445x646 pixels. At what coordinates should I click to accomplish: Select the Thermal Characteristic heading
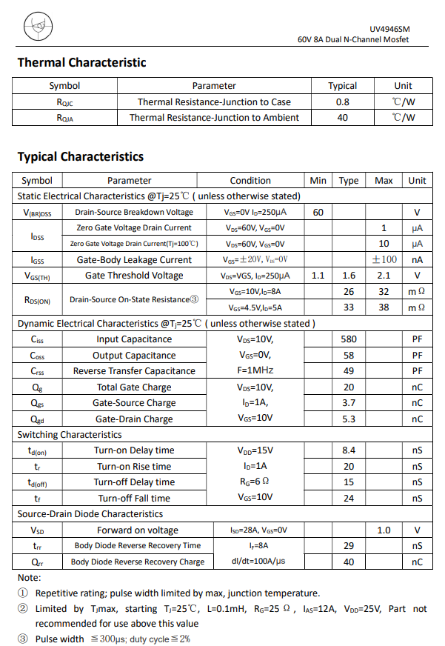(x=81, y=63)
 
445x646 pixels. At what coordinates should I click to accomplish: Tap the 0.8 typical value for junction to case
(x=342, y=101)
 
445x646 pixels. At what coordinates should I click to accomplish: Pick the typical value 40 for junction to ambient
(x=342, y=117)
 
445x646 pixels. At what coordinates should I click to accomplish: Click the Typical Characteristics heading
(x=81, y=156)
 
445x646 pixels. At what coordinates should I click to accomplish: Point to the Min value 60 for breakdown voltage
(x=318, y=213)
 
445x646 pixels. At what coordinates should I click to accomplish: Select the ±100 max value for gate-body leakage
(x=384, y=259)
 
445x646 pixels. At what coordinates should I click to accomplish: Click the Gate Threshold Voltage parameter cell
(x=134, y=276)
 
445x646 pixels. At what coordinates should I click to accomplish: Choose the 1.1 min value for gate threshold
(x=318, y=276)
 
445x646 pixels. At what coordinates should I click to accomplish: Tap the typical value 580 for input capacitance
(x=349, y=339)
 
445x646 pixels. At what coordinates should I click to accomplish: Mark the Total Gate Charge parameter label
(x=134, y=387)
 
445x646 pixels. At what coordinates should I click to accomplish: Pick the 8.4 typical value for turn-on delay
(x=349, y=450)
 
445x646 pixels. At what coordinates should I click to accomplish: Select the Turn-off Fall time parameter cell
(x=134, y=499)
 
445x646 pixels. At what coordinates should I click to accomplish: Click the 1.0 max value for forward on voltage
(x=384, y=530)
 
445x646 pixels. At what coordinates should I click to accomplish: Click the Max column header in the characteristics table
(x=384, y=180)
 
